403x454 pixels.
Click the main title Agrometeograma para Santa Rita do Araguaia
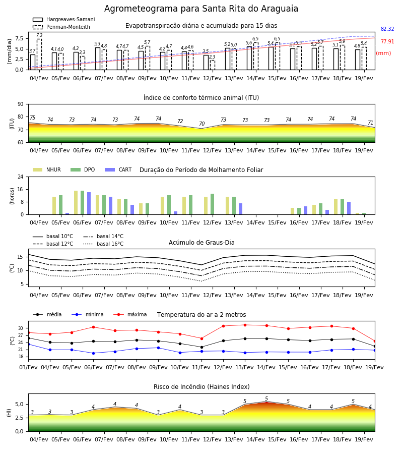(201, 9)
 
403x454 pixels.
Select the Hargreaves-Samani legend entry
(64, 19)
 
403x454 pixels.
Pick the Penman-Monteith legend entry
(61, 27)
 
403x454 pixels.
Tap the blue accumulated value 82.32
(387, 29)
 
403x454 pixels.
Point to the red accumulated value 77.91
(387, 41)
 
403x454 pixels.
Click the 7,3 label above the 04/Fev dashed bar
(39, 35)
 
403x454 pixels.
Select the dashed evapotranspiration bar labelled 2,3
(213, 65)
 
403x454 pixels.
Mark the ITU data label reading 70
(202, 124)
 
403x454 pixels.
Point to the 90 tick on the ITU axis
(21, 104)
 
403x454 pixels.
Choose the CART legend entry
(118, 169)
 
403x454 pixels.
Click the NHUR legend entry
(47, 169)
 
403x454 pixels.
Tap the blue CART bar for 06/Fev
(89, 203)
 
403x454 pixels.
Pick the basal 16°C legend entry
(103, 244)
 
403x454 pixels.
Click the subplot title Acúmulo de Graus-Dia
(201, 242)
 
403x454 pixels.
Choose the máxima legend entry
(130, 314)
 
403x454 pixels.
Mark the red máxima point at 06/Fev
(93, 327)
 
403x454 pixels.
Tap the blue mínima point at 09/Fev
(158, 348)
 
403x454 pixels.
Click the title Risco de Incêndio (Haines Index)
(201, 387)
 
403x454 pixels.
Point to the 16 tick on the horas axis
(21, 189)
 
